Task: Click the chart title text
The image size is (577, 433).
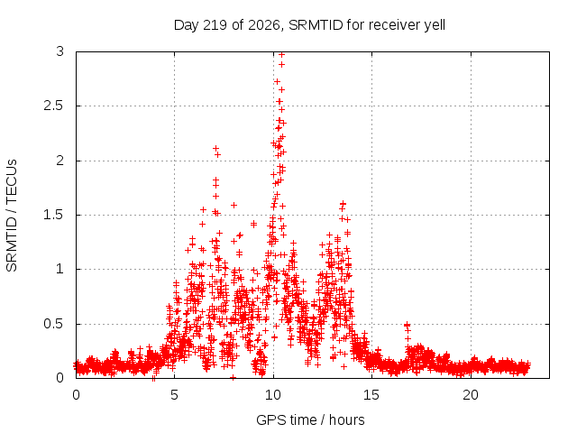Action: coord(309,25)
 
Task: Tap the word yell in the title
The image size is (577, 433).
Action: coord(435,25)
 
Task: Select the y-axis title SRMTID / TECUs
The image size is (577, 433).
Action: coord(12,216)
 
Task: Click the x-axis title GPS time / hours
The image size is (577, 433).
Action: coord(310,419)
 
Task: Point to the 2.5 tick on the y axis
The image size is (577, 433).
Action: coord(53,106)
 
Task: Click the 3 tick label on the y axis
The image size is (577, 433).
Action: coord(60,51)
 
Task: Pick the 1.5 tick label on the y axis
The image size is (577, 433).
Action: coord(53,215)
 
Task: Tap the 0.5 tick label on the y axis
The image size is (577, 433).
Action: coord(53,324)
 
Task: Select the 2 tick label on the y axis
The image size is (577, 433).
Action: coord(60,161)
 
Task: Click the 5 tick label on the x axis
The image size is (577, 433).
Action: coord(174,395)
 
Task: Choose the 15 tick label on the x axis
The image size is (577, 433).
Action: coord(371,395)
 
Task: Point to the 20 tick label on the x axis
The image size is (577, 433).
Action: coord(471,395)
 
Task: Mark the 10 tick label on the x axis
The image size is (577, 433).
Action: coord(273,395)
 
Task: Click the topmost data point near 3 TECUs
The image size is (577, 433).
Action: coord(282,54)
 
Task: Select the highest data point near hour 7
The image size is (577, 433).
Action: coord(216,148)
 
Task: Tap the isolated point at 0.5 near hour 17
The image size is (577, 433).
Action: coord(407,325)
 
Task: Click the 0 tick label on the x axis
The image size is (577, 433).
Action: coord(76,395)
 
